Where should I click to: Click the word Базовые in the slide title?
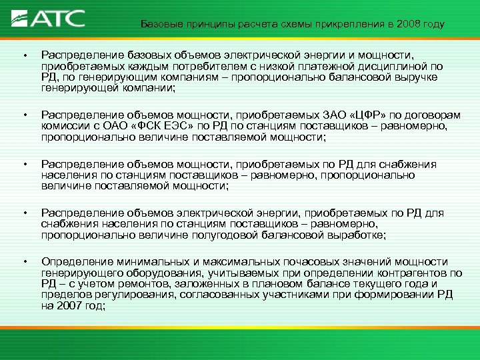(161, 25)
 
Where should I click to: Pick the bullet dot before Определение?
(22, 262)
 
